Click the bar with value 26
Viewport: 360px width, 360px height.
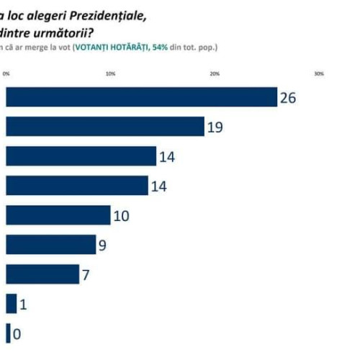point(141,96)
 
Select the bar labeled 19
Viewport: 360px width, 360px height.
point(105,126)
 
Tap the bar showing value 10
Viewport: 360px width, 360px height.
point(58,215)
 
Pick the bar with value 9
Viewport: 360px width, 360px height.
point(50,245)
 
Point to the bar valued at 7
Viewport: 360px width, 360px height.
point(42,274)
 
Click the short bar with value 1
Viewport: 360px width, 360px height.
point(11,304)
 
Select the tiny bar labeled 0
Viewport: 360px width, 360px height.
point(8,333)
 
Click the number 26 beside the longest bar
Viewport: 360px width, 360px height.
point(288,98)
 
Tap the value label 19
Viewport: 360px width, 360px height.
point(215,127)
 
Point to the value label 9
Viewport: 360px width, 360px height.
point(102,246)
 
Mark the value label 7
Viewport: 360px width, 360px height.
point(86,275)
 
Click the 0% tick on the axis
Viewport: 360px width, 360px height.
point(6,73)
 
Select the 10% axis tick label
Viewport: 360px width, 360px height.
point(111,73)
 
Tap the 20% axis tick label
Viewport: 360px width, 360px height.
point(215,73)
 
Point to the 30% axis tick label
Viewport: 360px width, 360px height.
point(319,73)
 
